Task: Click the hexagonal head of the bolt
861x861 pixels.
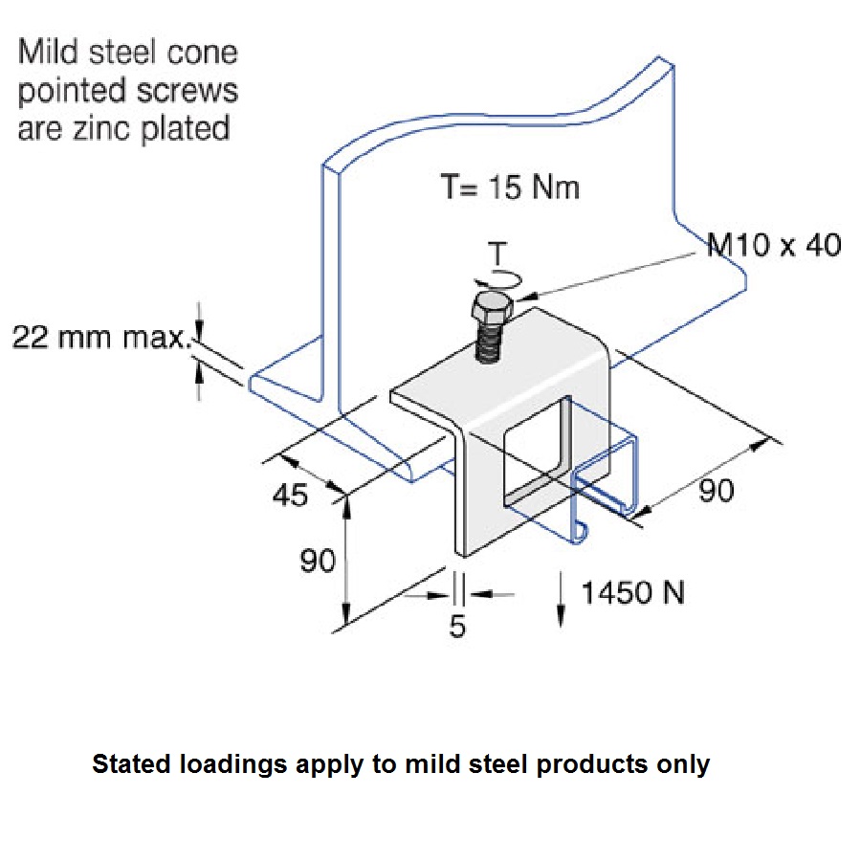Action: (x=490, y=312)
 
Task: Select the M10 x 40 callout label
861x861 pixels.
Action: (x=774, y=245)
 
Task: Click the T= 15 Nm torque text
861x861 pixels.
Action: (x=510, y=187)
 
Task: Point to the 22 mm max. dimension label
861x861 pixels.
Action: (x=99, y=337)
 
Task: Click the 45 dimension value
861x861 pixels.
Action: (x=292, y=495)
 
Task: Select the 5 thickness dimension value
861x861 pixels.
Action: (x=457, y=627)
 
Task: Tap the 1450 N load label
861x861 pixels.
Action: (x=633, y=593)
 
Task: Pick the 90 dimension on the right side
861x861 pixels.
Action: (x=715, y=491)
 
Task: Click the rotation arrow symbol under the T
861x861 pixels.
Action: (x=497, y=277)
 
